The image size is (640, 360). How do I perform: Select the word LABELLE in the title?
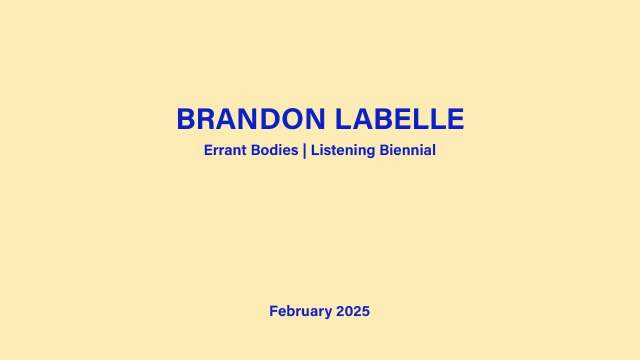click(399, 120)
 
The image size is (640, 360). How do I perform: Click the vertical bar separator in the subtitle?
click(304, 150)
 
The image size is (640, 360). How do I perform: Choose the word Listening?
click(342, 150)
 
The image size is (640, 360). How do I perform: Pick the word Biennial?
click(407, 150)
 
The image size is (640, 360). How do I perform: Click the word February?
click(300, 311)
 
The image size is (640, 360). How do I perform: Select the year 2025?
click(353, 311)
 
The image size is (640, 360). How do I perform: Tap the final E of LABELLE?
click(454, 120)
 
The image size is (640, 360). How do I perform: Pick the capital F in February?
click(273, 311)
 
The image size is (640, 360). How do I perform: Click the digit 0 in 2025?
click(348, 311)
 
